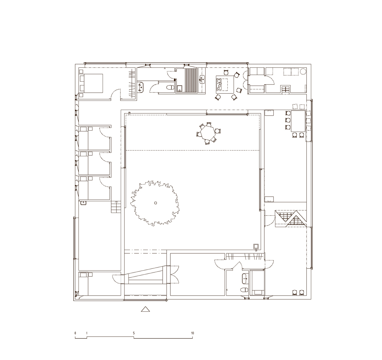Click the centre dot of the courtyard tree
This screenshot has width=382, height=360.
pyautogui.click(x=156, y=203)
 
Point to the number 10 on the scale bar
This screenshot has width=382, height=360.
pyautogui.click(x=193, y=333)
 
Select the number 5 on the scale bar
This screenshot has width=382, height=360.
pyautogui.click(x=134, y=333)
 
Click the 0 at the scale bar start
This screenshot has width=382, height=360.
pyautogui.click(x=75, y=333)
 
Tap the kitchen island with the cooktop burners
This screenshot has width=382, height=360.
pyautogui.click(x=225, y=84)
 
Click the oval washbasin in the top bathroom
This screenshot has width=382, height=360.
pyautogui.click(x=142, y=87)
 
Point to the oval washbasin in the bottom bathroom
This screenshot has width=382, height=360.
pyautogui.click(x=245, y=279)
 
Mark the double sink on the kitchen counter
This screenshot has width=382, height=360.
pyautogui.click(x=202, y=79)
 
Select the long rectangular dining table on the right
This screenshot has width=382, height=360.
pyautogui.click(x=298, y=121)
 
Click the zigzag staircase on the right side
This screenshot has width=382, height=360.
pyautogui.click(x=291, y=219)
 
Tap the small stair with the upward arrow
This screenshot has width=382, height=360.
pyautogui.click(x=116, y=207)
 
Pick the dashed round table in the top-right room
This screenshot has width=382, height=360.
pyautogui.click(x=303, y=72)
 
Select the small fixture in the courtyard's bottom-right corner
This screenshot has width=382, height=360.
pyautogui.click(x=256, y=247)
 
